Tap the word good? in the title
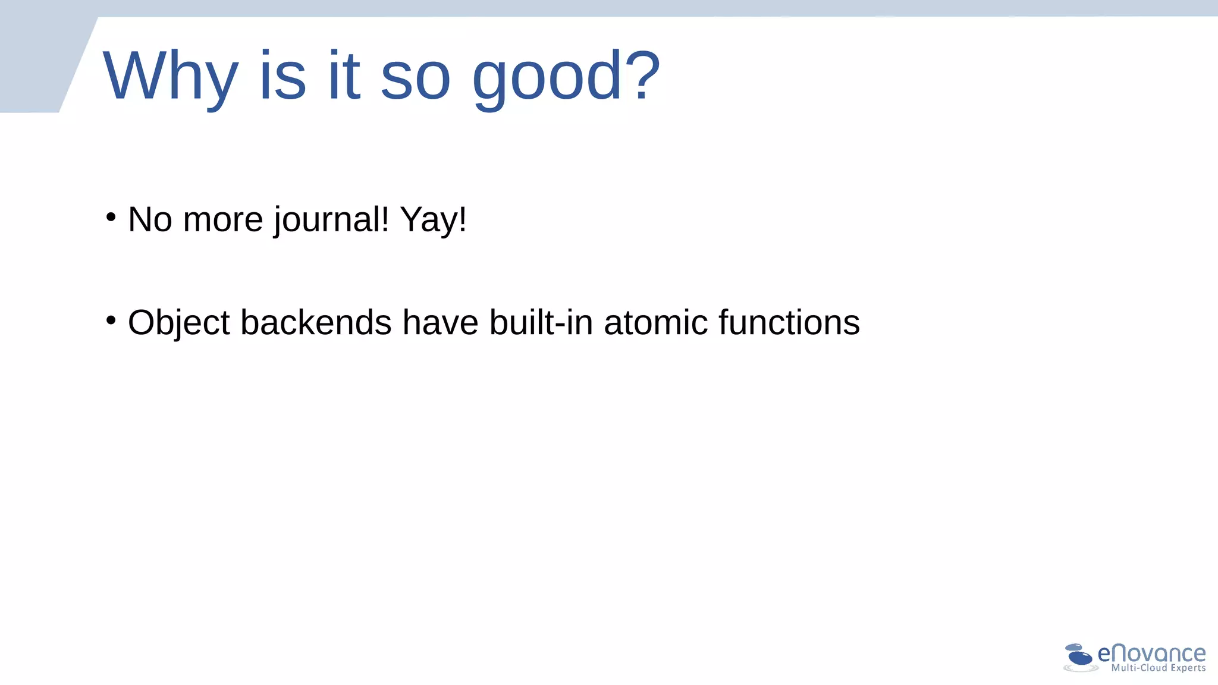(x=566, y=76)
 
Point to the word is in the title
(x=282, y=76)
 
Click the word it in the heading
(x=344, y=76)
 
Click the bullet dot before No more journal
(x=111, y=217)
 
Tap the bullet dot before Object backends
(x=111, y=320)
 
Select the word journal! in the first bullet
(x=331, y=219)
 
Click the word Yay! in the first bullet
(x=434, y=219)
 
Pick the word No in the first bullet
(x=150, y=219)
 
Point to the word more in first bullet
(x=223, y=219)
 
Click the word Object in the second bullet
(x=178, y=323)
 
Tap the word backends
(x=316, y=323)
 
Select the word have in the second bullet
(x=440, y=323)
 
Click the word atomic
(x=656, y=323)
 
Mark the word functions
(x=789, y=323)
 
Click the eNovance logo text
(x=1151, y=653)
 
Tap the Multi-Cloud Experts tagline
(x=1158, y=668)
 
